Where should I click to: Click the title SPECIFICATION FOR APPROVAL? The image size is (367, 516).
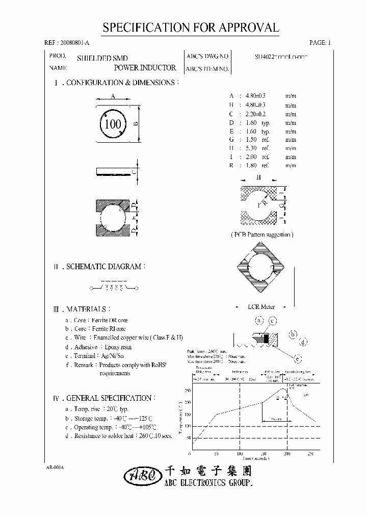(x=191, y=28)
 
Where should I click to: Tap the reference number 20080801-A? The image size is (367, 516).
(x=69, y=43)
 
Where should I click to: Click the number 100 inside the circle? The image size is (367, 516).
(x=113, y=124)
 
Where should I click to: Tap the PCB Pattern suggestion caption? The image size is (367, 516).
(x=262, y=235)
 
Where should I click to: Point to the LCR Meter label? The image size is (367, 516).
(x=261, y=306)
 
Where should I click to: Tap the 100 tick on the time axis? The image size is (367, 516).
(x=239, y=453)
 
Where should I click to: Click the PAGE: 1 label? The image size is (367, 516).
(x=320, y=43)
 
